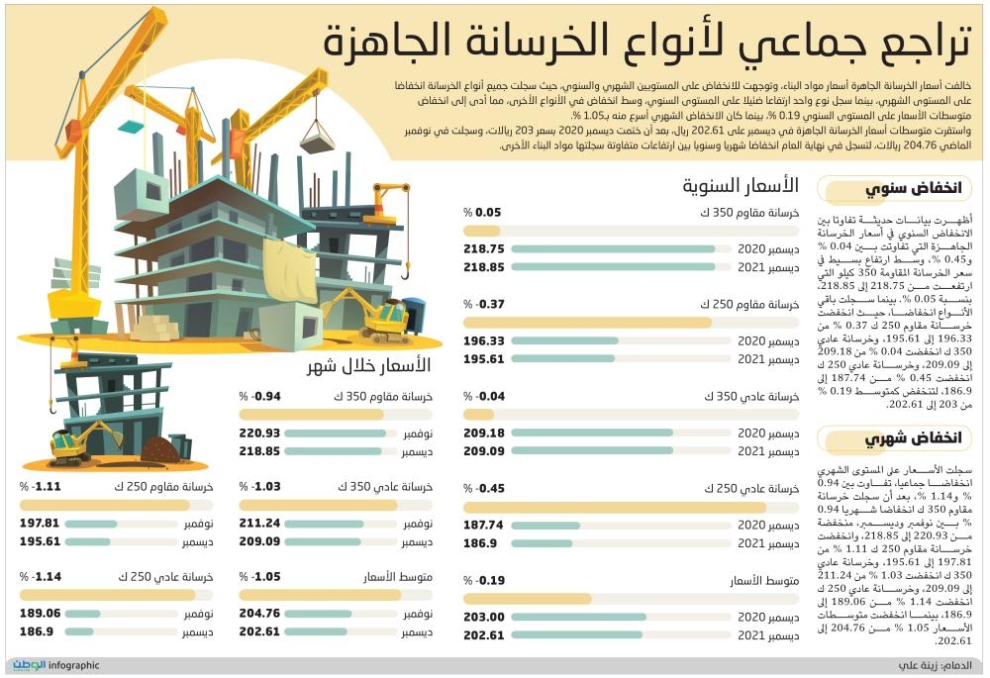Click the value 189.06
click(41, 614)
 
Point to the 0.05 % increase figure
click(487, 212)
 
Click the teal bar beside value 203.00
click(643, 617)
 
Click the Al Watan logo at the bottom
click(30, 665)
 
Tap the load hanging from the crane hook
click(315, 132)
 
